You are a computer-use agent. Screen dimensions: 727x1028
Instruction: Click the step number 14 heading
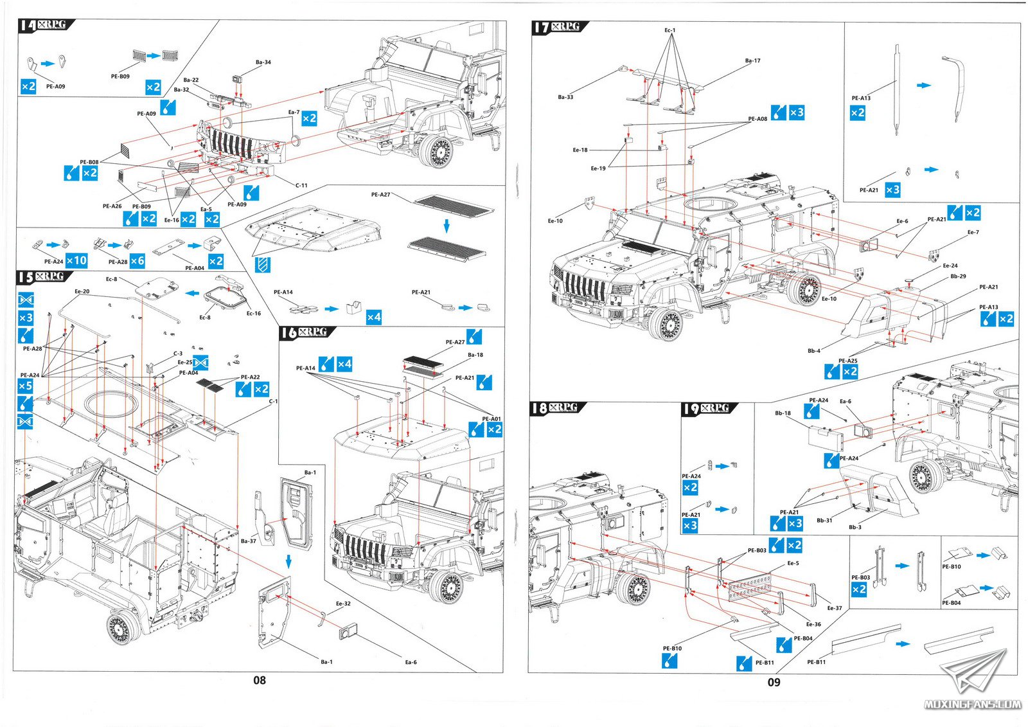[x=28, y=25]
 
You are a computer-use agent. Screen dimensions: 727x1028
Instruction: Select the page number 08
[x=259, y=680]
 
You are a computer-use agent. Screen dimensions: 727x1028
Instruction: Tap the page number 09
[x=774, y=682]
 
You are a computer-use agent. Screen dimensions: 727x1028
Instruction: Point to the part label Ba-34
[x=263, y=62]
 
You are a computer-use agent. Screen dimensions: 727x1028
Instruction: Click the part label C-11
[x=301, y=185]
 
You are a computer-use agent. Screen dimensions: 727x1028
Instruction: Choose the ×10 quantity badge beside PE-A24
[x=76, y=260]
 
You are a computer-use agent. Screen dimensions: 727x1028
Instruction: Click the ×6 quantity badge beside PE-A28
[x=137, y=260]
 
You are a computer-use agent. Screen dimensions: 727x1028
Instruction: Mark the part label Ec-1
[x=669, y=30]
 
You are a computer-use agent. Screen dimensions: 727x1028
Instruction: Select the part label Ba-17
[x=752, y=61]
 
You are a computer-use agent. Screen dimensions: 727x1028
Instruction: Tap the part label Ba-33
[x=565, y=97]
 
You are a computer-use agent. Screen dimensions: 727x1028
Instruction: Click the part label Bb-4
[x=813, y=351]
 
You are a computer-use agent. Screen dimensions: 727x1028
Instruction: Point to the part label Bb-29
[x=958, y=276]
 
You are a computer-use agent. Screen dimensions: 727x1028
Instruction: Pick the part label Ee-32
[x=343, y=604]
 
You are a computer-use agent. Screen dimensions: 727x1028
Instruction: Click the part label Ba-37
[x=248, y=541]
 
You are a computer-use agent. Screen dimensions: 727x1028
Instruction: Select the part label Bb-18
[x=783, y=413]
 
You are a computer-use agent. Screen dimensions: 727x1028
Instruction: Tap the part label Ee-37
[x=834, y=608]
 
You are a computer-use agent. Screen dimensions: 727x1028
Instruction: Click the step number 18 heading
[x=540, y=408]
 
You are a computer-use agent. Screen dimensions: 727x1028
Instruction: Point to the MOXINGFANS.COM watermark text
[x=972, y=705]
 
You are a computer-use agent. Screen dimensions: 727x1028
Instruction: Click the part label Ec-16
[x=254, y=314]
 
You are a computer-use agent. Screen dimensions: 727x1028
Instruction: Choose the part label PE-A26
[x=112, y=206]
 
